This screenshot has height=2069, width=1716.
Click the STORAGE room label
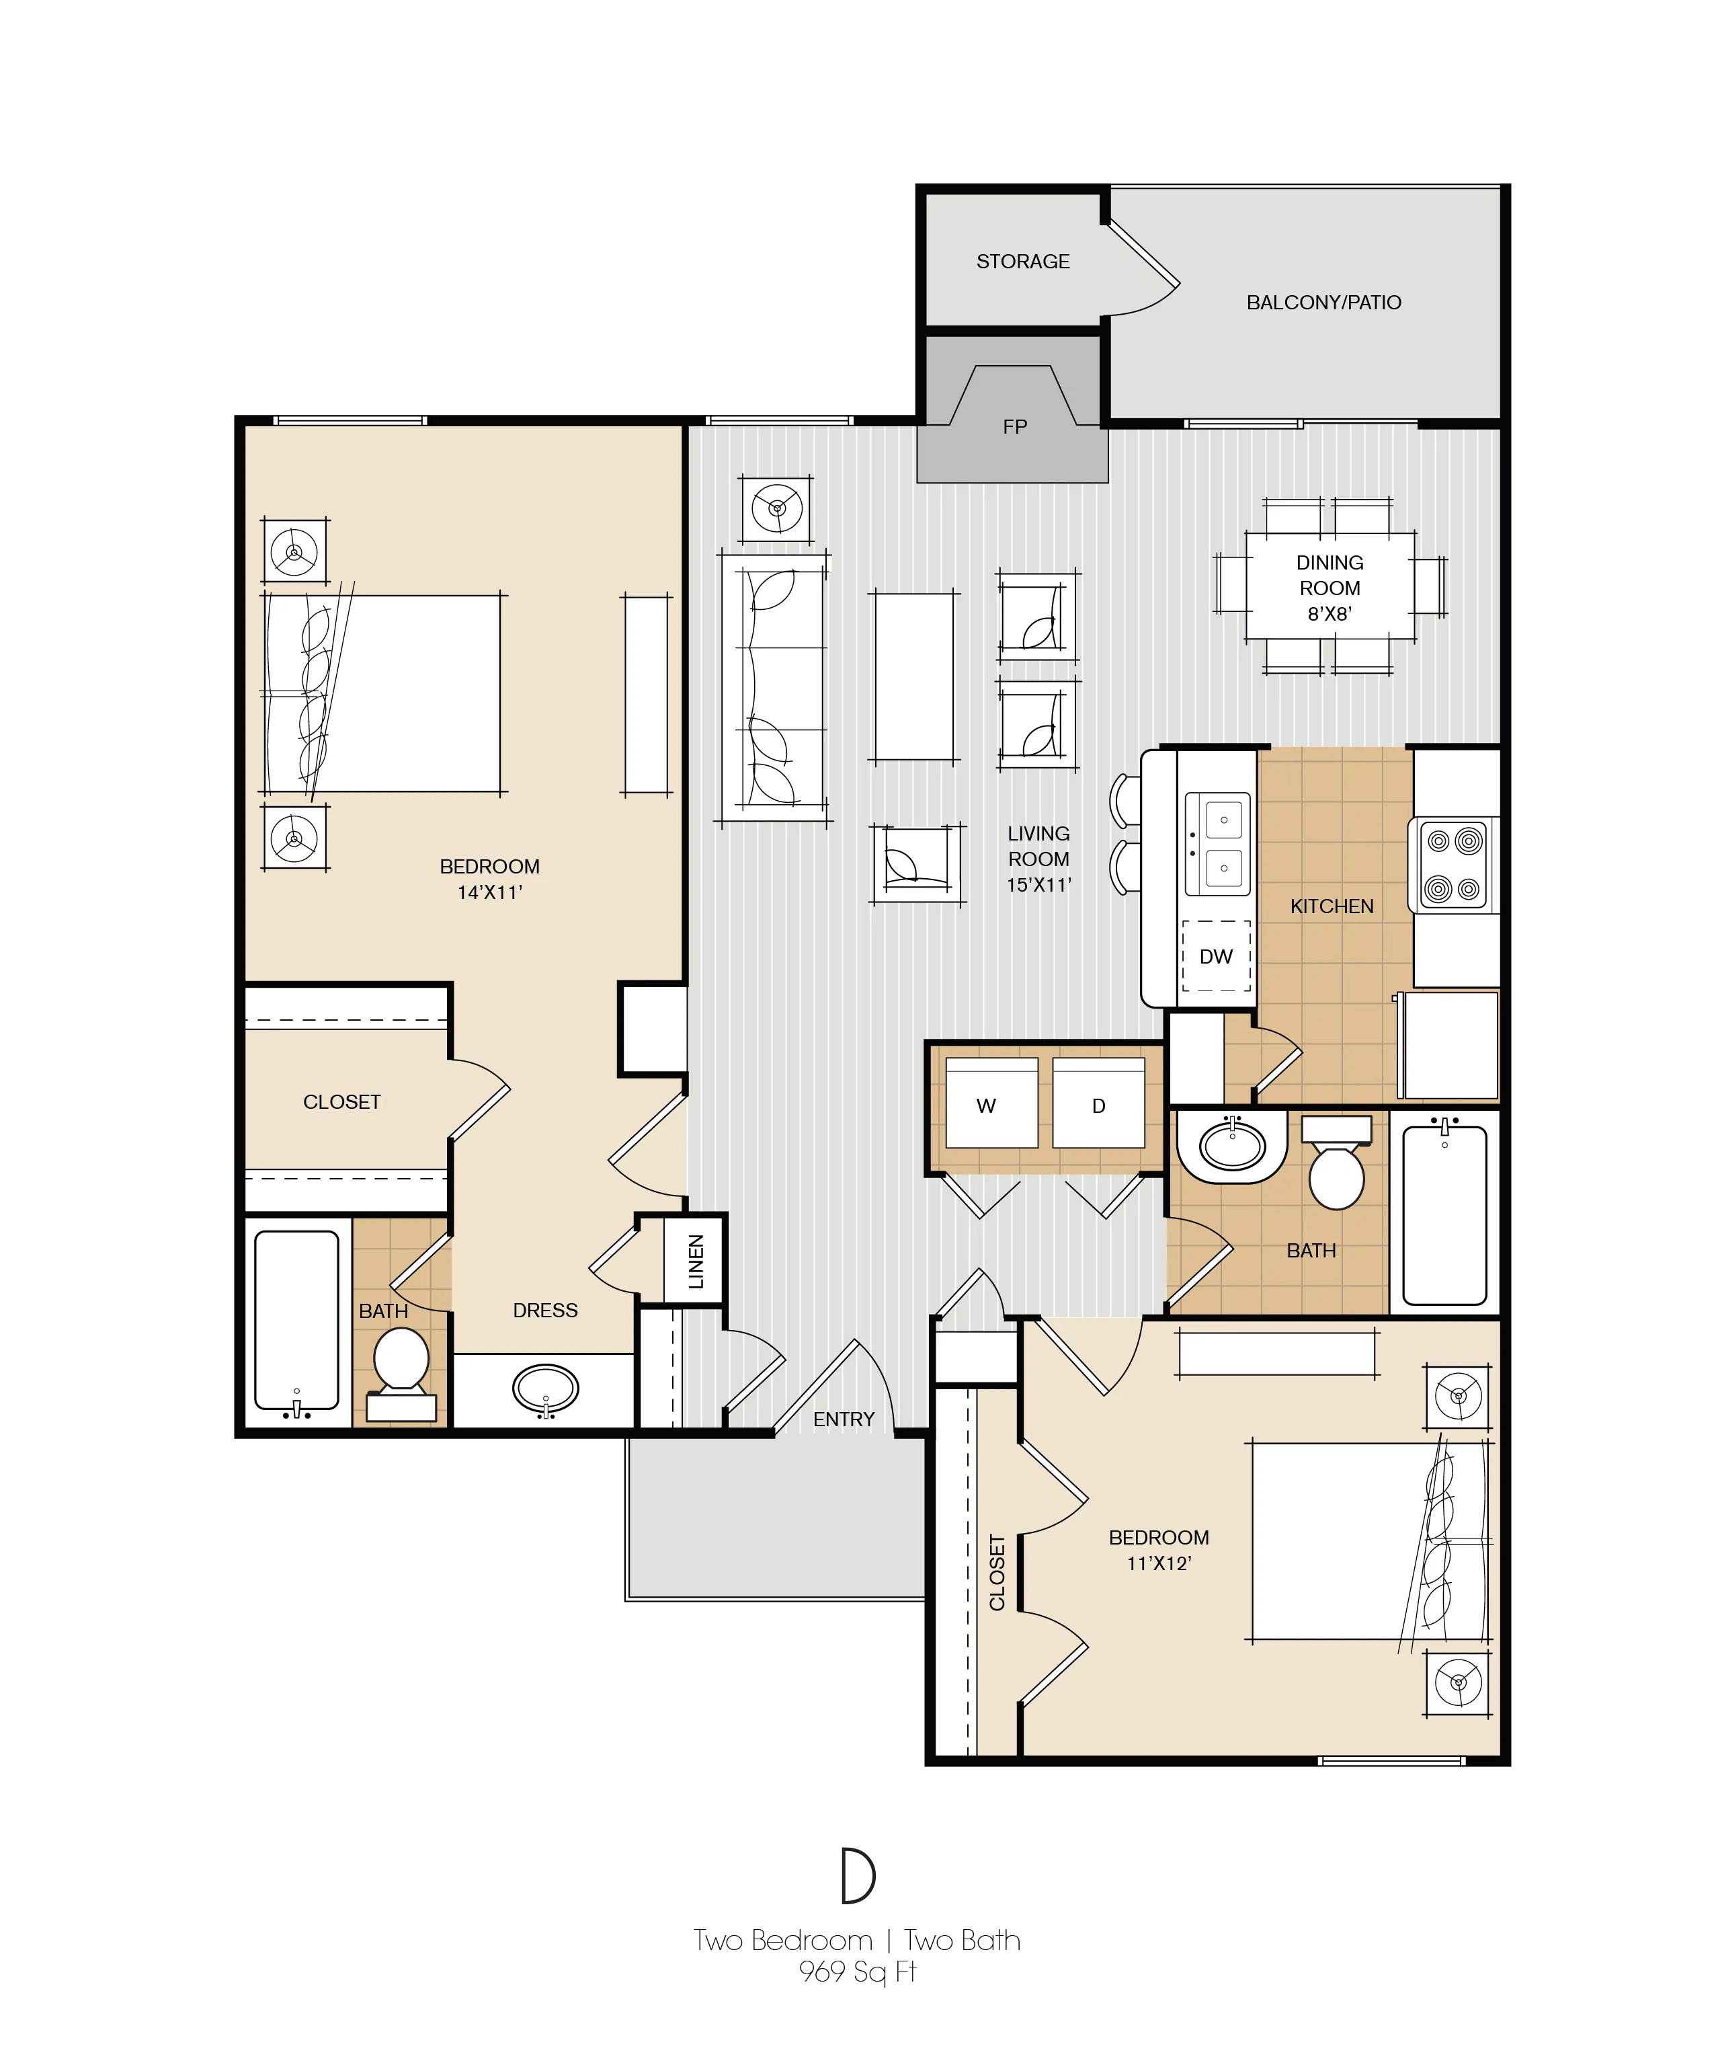(x=1022, y=261)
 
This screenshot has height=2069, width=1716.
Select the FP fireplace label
(x=1015, y=426)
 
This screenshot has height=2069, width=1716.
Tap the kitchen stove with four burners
(x=1454, y=865)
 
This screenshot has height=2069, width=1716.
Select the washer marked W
(x=991, y=1103)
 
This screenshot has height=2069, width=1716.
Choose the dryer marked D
(x=1098, y=1103)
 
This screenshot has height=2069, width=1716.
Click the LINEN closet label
(x=696, y=1261)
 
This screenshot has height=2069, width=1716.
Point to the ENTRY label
(x=844, y=1419)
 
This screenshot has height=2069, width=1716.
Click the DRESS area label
(x=544, y=1311)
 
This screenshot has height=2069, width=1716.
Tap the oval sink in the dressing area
(x=544, y=1389)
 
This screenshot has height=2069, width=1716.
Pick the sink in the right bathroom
(x=1232, y=1146)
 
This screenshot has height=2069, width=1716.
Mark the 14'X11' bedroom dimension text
(x=489, y=893)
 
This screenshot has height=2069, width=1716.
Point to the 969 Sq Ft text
(x=857, y=1972)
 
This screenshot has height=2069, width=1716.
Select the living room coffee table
(x=914, y=676)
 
